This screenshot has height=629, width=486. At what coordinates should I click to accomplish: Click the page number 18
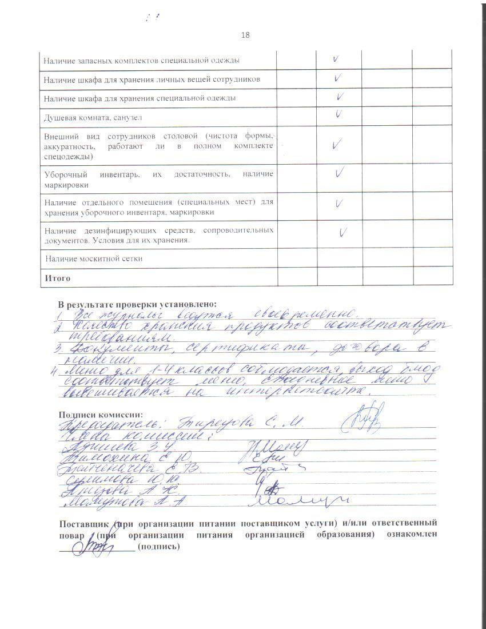pos(245,35)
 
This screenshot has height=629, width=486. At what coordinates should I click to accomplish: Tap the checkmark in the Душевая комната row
pos(338,114)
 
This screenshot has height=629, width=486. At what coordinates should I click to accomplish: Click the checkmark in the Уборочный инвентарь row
pos(339,172)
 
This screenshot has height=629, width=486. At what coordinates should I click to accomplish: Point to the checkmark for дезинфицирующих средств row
pos(343,232)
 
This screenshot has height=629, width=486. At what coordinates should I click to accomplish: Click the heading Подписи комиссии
pos(101,415)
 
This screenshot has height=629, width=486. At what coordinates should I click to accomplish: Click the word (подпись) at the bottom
pos(158,546)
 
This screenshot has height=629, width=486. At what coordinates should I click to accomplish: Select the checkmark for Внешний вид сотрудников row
pos(337,145)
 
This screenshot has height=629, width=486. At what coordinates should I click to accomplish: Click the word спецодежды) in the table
pos(69,156)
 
